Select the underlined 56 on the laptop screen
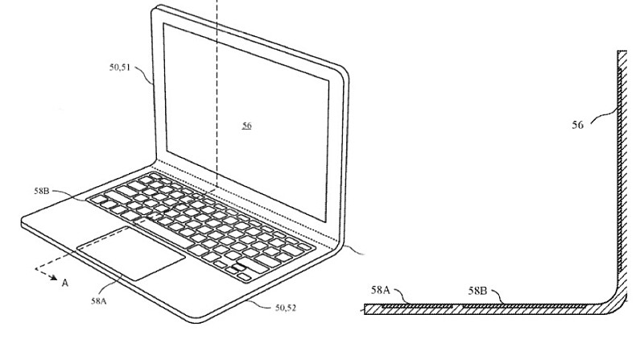tap(246, 126)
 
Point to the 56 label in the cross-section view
tap(578, 125)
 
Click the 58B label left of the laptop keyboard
tap(42, 192)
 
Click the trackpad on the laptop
tap(131, 252)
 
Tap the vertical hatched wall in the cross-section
tap(621, 161)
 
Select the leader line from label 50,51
tap(146, 77)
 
